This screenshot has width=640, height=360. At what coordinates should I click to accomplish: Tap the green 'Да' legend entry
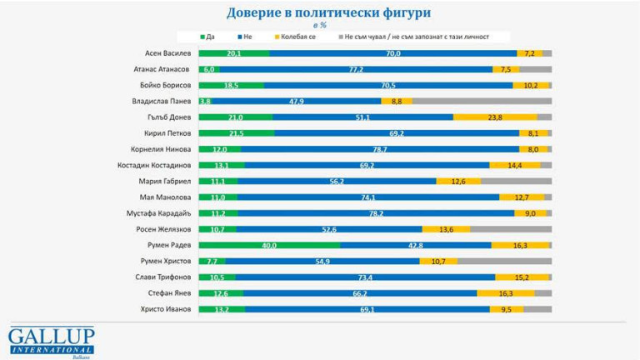click(208, 37)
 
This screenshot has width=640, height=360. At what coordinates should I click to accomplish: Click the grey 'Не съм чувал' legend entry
click(412, 37)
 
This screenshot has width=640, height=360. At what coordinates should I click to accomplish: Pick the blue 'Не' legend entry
click(243, 37)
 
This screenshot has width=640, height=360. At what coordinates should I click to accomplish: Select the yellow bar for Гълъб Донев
click(495, 117)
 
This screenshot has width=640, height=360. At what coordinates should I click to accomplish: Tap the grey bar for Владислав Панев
click(482, 101)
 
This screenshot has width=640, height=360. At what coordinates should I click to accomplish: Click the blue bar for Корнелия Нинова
click(379, 149)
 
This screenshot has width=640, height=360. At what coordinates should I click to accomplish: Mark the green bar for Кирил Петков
click(236, 133)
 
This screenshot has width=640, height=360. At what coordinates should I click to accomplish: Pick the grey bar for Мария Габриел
click(516, 181)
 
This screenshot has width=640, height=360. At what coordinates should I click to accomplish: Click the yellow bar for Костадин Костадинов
click(514, 165)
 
